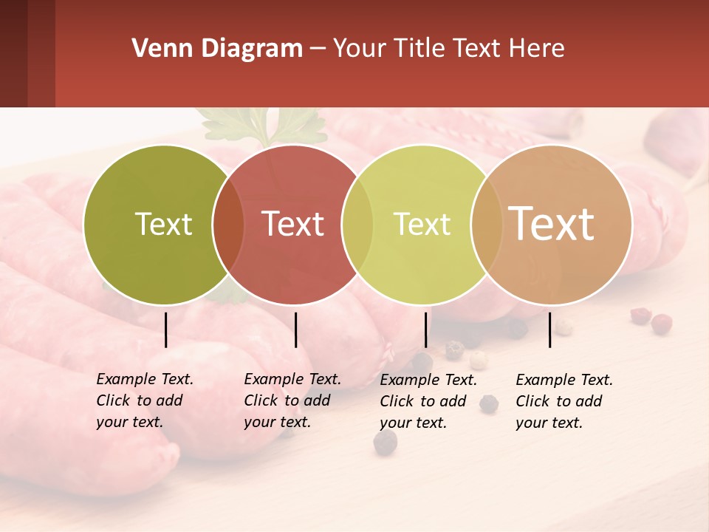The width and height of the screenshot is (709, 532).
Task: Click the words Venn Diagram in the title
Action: [216, 49]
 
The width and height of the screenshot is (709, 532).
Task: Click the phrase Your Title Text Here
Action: [448, 49]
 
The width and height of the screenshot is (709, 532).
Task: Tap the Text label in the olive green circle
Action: [163, 224]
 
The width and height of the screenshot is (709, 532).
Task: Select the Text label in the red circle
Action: [292, 224]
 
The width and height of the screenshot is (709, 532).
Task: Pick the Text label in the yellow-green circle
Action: [422, 224]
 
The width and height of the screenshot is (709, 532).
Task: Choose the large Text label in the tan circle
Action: [551, 224]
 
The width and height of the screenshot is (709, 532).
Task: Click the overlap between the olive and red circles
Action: [227, 224]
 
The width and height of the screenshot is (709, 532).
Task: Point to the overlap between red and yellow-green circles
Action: [357, 224]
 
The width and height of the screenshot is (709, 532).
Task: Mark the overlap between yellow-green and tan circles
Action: [486, 224]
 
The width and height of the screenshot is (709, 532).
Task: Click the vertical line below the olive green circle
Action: [166, 330]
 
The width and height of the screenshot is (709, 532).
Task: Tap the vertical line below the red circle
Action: [295, 330]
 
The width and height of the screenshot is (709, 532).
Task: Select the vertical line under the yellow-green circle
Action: [425, 330]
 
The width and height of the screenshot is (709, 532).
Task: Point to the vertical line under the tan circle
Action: [549, 330]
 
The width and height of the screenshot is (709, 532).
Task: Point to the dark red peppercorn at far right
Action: [662, 323]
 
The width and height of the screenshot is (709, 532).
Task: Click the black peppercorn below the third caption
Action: [385, 443]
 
